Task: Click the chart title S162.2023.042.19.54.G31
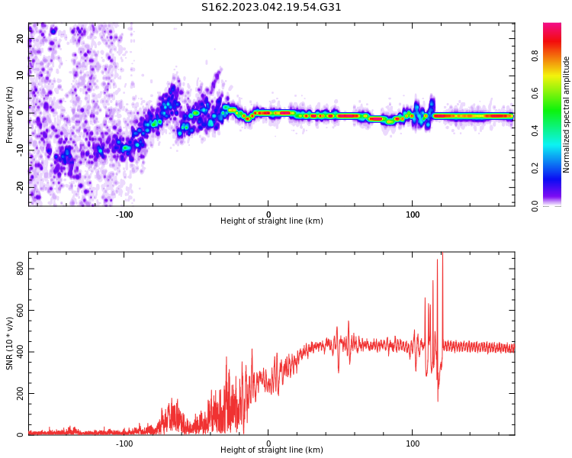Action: coord(272,8)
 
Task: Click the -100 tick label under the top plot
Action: coord(124,214)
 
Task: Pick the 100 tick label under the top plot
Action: coord(413,214)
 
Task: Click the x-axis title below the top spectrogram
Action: coord(272,221)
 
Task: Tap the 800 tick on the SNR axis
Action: coord(16,269)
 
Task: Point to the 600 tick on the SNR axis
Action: coord(16,311)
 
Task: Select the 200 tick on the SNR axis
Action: coord(16,394)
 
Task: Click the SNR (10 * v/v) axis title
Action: coord(10,343)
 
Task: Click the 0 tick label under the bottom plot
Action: coord(268,443)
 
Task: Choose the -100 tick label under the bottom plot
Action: coord(124,443)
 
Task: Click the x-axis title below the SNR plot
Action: coord(272,450)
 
